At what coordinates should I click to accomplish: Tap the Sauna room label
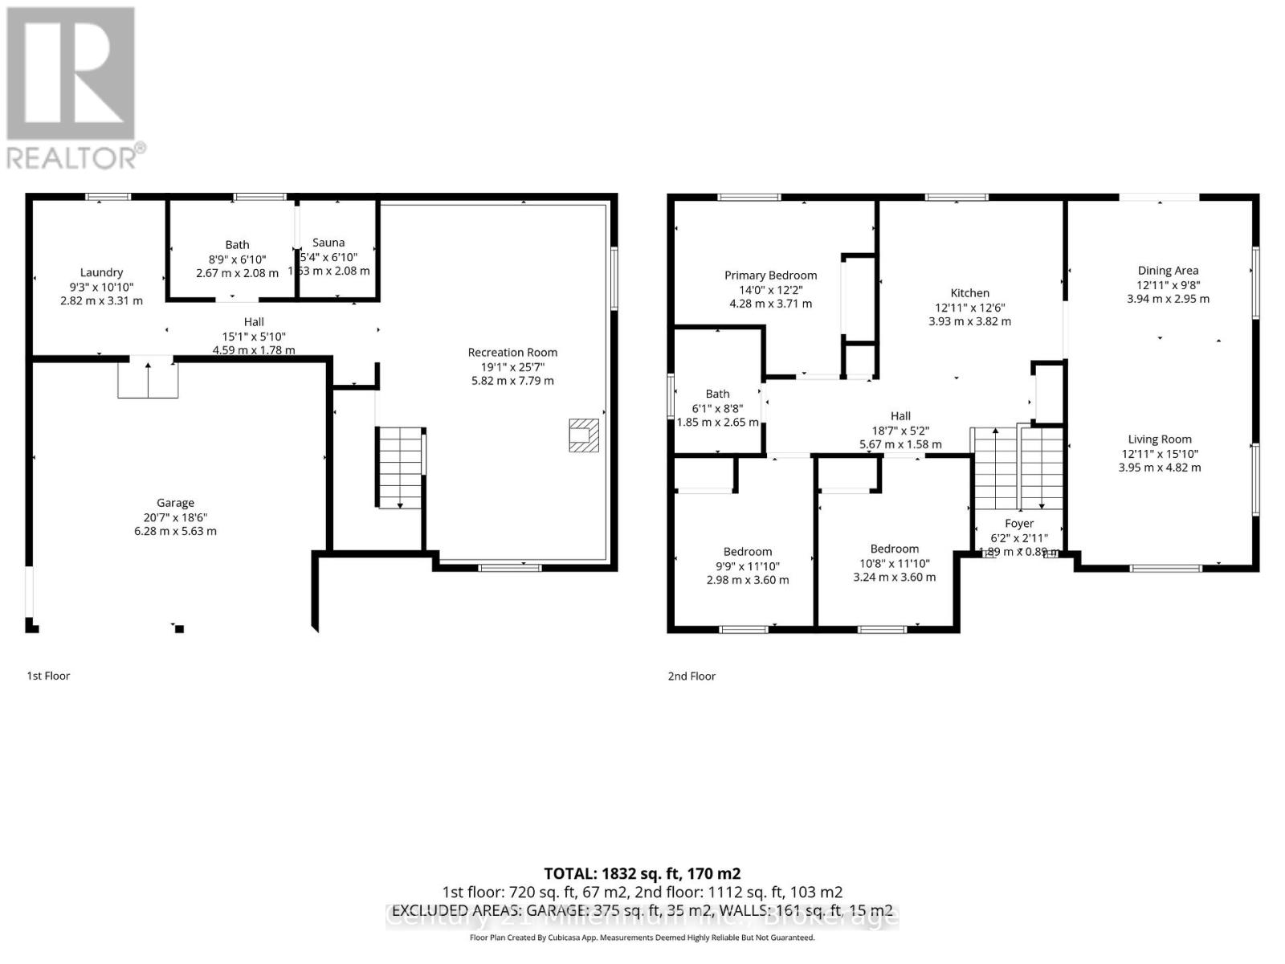click(x=328, y=243)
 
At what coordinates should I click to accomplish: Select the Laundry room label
click(x=101, y=272)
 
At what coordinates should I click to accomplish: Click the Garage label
click(x=175, y=503)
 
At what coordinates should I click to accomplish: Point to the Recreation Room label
click(x=512, y=352)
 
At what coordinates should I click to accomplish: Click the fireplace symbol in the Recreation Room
click(x=584, y=435)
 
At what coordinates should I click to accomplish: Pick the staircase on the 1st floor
click(x=401, y=467)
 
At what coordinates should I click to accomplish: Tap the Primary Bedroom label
click(x=770, y=276)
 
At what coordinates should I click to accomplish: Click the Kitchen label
click(x=969, y=293)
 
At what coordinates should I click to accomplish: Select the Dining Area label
click(x=1168, y=271)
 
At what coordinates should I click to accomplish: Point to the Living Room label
click(x=1160, y=439)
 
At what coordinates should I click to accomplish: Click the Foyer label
click(x=1019, y=524)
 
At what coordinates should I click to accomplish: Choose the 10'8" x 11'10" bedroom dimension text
click(x=894, y=563)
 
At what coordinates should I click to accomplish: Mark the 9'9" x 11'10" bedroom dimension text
click(x=748, y=566)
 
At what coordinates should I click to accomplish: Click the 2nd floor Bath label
click(x=717, y=394)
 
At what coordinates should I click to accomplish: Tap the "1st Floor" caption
click(x=48, y=676)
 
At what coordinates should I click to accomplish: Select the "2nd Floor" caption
click(x=691, y=676)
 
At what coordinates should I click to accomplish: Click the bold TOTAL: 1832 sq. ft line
click(x=642, y=873)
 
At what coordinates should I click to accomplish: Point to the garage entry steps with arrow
click(x=148, y=378)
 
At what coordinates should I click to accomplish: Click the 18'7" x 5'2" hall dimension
click(x=900, y=431)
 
